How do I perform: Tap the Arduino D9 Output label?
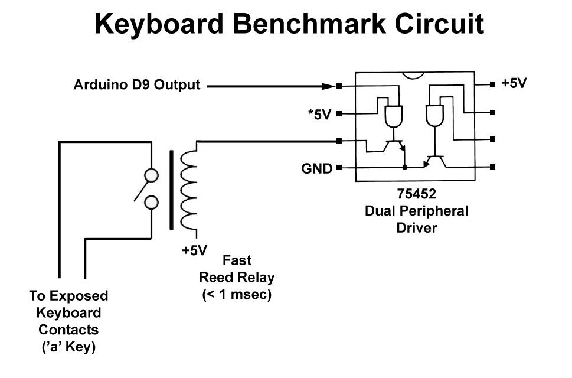click(x=136, y=85)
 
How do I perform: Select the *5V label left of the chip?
click(x=319, y=115)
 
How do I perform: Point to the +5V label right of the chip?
click(x=514, y=83)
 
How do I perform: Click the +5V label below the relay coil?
click(x=195, y=250)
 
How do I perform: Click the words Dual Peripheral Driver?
click(x=416, y=219)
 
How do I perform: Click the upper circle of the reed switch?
click(x=152, y=175)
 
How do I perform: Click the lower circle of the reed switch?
click(x=152, y=203)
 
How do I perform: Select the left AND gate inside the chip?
click(x=393, y=117)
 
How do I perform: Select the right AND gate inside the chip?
click(x=434, y=116)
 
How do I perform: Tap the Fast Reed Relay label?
click(x=236, y=269)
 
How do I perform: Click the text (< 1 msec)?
click(x=236, y=295)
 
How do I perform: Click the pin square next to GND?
click(x=339, y=168)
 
